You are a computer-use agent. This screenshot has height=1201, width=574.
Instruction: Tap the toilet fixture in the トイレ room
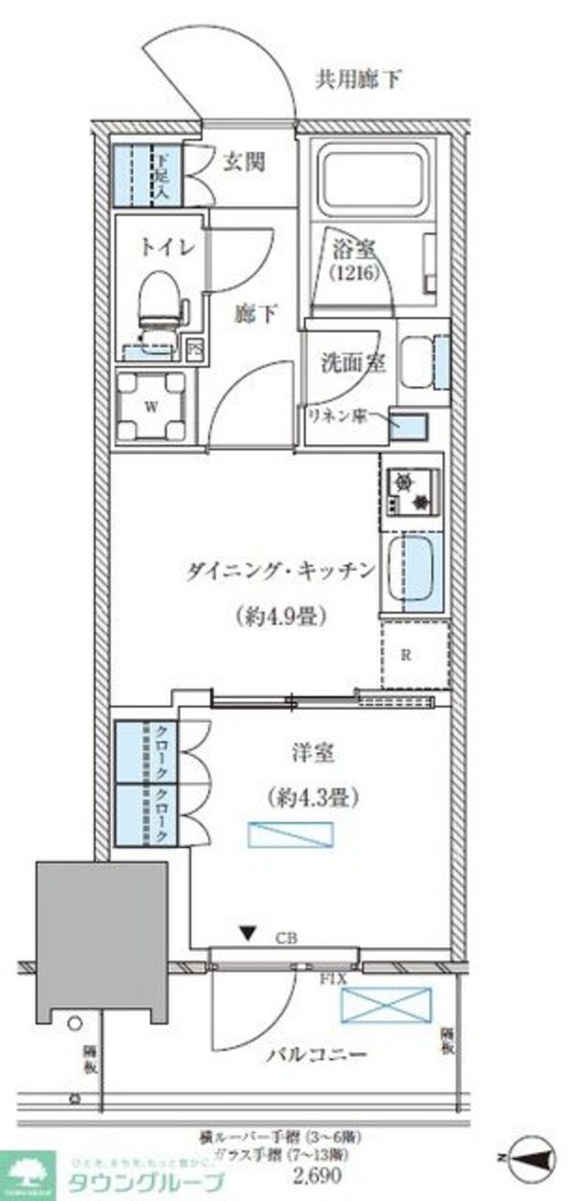click(161, 298)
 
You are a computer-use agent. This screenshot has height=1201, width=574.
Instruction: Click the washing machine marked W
click(150, 406)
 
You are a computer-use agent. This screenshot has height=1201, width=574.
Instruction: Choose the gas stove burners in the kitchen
click(412, 490)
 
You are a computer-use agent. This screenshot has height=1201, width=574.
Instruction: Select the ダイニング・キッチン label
click(278, 572)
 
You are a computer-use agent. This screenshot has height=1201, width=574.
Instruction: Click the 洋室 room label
click(310, 754)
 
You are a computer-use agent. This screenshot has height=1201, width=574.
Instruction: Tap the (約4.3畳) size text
click(306, 795)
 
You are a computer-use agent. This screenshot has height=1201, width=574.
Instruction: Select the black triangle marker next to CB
click(248, 931)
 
